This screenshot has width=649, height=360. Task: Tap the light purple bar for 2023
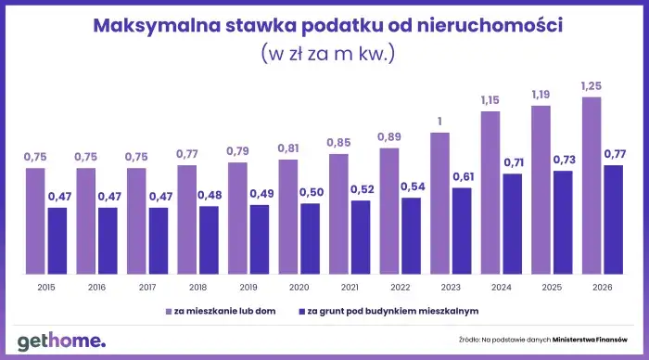[439, 202]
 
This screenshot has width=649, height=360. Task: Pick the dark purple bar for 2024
[513, 223]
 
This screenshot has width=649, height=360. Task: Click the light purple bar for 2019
[237, 217]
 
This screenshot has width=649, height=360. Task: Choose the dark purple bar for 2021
[361, 236]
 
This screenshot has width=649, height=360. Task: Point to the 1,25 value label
[591, 85]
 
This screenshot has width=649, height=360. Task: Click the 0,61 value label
[462, 176]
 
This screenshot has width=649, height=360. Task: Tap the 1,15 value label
[490, 100]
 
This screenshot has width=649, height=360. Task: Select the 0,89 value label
[388, 137]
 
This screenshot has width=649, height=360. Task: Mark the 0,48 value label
[209, 195]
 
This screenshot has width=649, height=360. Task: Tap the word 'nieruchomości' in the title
[490, 26]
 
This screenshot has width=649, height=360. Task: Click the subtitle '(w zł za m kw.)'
[328, 53]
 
